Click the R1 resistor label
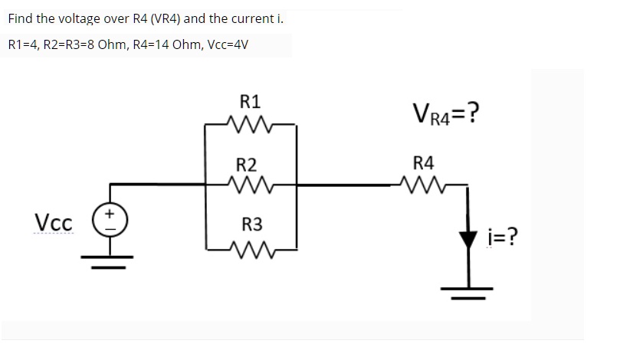250,101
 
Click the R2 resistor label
246,164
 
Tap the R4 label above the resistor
423,162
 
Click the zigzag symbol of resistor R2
250,185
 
